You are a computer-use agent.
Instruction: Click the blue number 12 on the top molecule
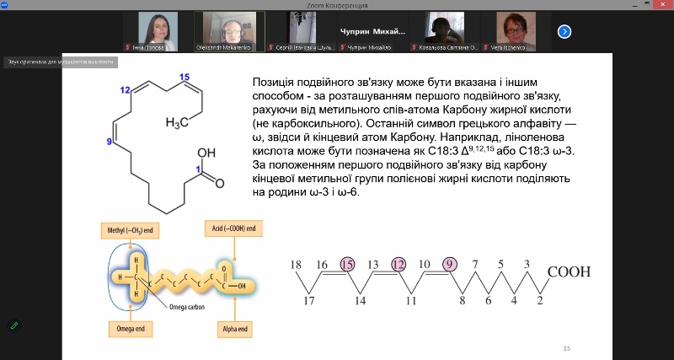click(x=125, y=90)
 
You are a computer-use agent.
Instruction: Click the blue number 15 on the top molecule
click(x=185, y=78)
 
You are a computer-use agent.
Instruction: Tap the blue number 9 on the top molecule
click(x=109, y=142)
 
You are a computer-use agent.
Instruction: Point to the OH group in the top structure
click(x=206, y=154)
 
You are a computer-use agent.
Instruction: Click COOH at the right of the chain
click(x=569, y=271)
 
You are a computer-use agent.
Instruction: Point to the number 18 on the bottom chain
click(x=297, y=266)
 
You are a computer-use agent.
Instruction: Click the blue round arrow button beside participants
click(x=564, y=31)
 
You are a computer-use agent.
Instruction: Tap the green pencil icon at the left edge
click(x=14, y=325)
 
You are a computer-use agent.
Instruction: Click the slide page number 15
click(x=567, y=348)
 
